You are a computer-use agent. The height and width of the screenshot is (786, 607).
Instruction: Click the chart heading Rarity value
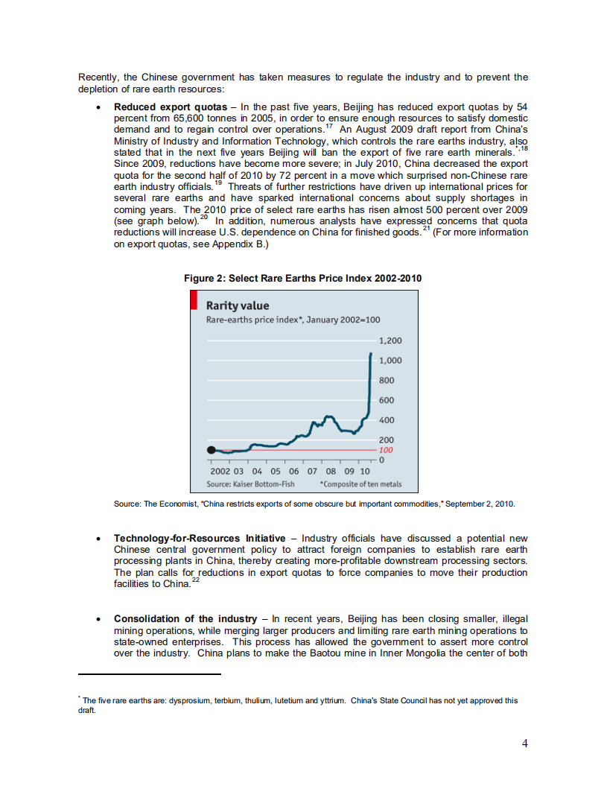[237, 305]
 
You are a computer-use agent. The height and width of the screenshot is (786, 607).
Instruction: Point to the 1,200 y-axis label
[390, 340]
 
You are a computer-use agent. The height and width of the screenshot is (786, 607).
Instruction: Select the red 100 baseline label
[386, 451]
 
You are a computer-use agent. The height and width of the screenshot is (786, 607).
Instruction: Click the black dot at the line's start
[212, 450]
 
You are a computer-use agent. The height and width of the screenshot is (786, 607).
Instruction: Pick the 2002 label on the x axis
[220, 471]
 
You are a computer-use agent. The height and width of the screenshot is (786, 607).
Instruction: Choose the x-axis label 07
[312, 471]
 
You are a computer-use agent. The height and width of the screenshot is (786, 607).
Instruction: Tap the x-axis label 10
[365, 471]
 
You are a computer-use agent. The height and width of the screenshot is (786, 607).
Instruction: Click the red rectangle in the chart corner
[194, 300]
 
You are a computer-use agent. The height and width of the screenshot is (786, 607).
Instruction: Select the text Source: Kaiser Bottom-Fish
[250, 484]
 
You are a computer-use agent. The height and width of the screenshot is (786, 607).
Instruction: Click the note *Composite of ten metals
[360, 484]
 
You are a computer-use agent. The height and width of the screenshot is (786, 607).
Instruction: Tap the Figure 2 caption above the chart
[302, 278]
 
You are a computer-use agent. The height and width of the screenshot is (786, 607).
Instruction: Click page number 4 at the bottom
[525, 744]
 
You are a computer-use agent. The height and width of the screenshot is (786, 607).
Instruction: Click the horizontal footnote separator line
[149, 674]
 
